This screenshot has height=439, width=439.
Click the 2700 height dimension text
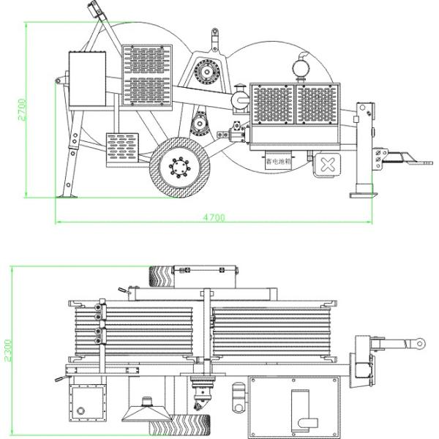(x=23, y=109)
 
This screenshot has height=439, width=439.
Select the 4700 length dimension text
(x=214, y=218)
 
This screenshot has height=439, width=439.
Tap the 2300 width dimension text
(x=8, y=350)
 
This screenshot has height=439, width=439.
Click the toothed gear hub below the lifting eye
(x=207, y=73)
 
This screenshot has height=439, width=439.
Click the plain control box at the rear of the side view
(x=88, y=78)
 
